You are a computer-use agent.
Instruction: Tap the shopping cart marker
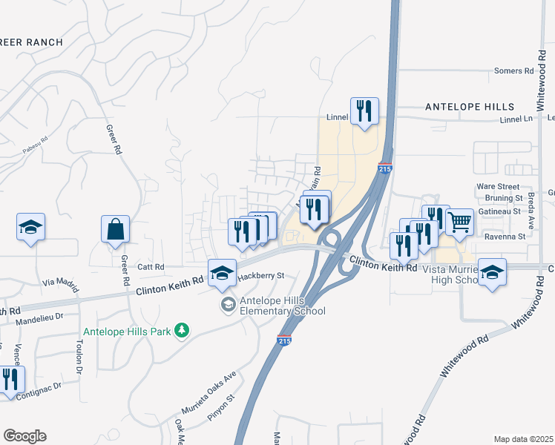[x=459, y=220]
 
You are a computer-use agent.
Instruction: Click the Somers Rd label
[x=514, y=71]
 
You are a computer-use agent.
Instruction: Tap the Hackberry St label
[x=262, y=275]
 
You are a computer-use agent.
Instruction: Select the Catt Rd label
[x=149, y=266]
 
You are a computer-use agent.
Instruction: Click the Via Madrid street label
[x=59, y=283]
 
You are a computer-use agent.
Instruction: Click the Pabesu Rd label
[x=35, y=144]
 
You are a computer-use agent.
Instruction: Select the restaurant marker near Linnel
[x=364, y=111]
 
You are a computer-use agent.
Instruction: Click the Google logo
[x=24, y=436]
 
